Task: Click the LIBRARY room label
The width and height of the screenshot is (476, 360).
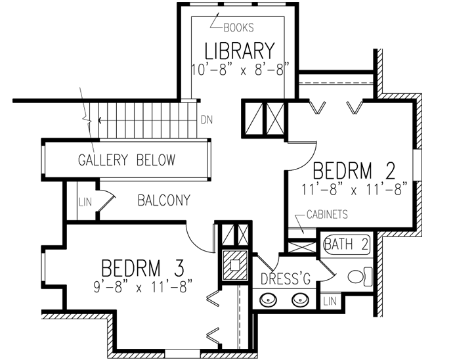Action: pyautogui.click(x=238, y=51)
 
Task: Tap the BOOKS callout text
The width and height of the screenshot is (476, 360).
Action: pyautogui.click(x=238, y=28)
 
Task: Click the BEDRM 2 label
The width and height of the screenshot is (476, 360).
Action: pyautogui.click(x=354, y=171)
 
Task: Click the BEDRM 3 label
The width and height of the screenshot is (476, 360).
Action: pyautogui.click(x=142, y=268)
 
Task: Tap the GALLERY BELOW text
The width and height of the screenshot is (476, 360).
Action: pyautogui.click(x=127, y=160)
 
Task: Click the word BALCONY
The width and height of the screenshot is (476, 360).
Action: pyautogui.click(x=163, y=200)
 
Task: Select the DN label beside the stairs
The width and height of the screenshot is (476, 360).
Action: pyautogui.click(x=207, y=120)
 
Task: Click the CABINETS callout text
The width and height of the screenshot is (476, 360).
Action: pyautogui.click(x=326, y=214)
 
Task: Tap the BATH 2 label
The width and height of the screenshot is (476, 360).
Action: pyautogui.click(x=347, y=244)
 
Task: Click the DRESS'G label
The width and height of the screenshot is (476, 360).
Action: pyautogui.click(x=286, y=279)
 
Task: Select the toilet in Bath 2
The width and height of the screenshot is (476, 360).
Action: pyautogui.click(x=359, y=276)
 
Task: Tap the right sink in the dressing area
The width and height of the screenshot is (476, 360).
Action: pyautogui.click(x=300, y=302)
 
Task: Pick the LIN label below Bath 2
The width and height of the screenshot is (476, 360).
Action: pyautogui.click(x=330, y=302)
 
